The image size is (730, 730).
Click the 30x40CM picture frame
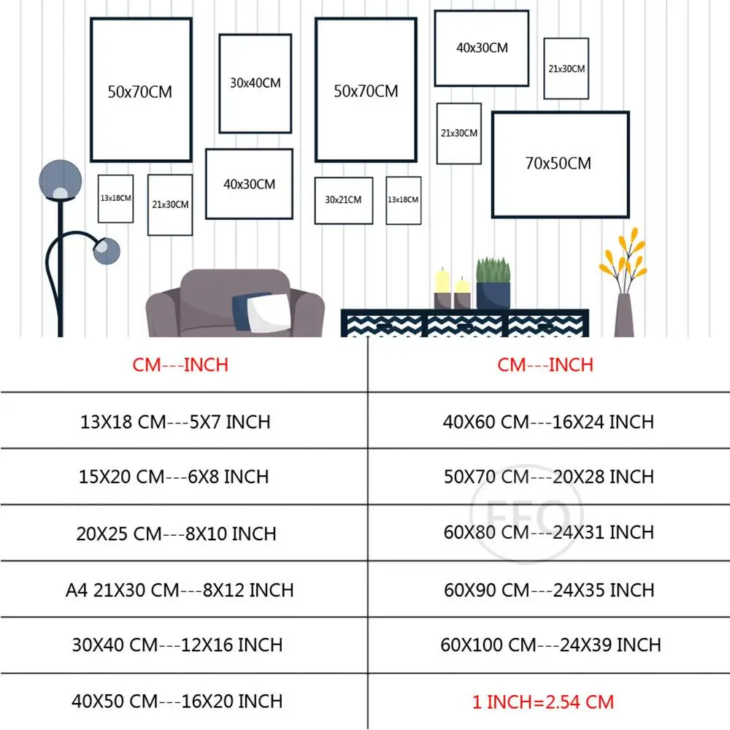255,83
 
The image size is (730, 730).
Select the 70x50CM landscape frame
559,164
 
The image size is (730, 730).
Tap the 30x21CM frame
343,200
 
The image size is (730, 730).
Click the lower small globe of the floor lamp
107,250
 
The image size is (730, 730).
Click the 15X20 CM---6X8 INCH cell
174,477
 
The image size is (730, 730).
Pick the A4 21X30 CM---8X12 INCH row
180,589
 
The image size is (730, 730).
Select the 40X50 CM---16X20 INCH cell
177,701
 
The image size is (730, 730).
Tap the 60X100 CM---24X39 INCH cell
550,645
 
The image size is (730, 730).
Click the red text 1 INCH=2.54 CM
543,702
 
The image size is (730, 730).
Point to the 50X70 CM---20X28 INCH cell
549,477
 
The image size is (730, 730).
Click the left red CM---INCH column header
180,364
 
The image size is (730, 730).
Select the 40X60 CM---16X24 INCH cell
549,421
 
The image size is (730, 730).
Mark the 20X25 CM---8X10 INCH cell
176,533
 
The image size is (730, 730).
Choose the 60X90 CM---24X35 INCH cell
549,589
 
